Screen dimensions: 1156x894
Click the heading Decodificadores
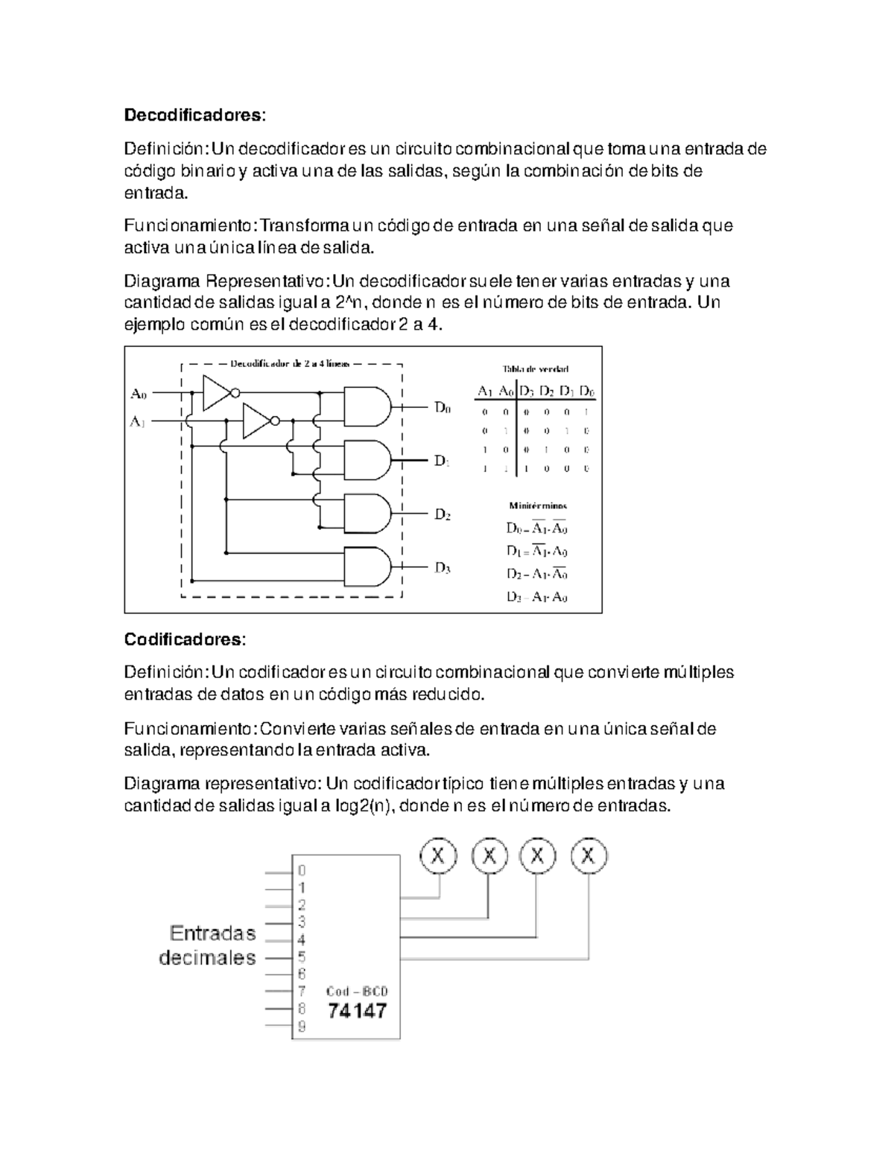194,115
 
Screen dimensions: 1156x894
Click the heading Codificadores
184,639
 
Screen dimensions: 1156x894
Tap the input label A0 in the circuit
139,392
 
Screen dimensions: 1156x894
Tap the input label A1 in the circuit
139,421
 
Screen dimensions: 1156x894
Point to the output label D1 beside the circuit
442,461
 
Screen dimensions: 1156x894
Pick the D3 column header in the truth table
527,391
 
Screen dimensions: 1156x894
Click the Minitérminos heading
537,505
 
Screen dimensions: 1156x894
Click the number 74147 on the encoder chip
358,1011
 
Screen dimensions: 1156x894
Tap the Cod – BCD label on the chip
357,991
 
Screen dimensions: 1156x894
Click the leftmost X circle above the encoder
439,856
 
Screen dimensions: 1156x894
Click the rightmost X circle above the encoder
589,856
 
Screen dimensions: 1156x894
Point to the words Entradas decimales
209,945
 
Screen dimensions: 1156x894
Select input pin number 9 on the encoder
302,1027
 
